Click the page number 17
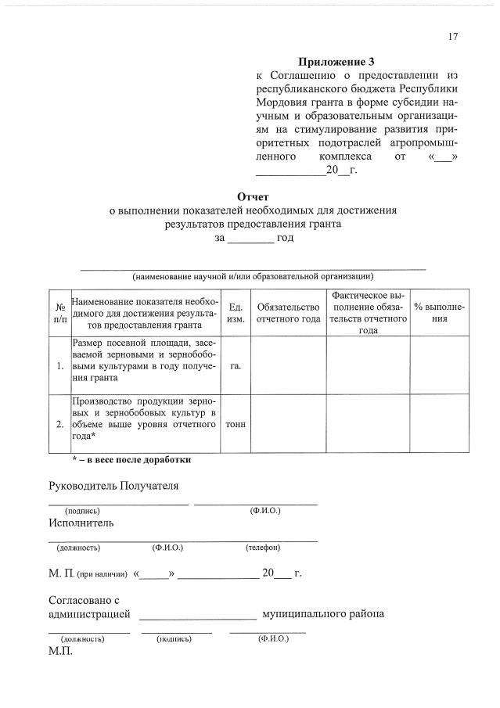[x=453, y=37]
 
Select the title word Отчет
[x=253, y=196]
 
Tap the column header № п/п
[x=59, y=313]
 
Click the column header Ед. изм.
[x=236, y=313]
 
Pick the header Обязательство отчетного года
[x=289, y=313]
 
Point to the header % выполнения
[x=439, y=313]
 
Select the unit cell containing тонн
[x=236, y=424]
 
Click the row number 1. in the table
[x=60, y=365]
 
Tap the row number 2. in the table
[x=60, y=424]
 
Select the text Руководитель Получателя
[x=113, y=486]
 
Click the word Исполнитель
[x=81, y=522]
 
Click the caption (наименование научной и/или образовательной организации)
[x=253, y=276]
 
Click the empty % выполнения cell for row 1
[x=439, y=365]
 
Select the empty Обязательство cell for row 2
[x=289, y=424]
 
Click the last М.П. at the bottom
[x=60, y=652]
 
